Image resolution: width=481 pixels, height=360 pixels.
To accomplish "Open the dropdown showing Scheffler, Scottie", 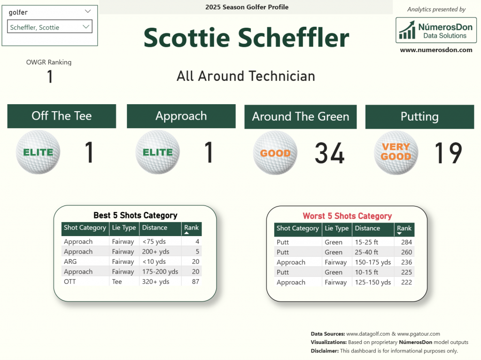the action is pos(49,27).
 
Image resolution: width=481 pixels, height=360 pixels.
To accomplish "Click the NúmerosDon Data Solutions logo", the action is pos(436,30).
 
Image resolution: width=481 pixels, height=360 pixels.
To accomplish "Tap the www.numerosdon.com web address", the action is pos(436,50).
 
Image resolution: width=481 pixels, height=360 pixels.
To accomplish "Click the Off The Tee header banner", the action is pos(62,116).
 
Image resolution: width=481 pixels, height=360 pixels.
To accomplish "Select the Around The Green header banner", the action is pos(300,117).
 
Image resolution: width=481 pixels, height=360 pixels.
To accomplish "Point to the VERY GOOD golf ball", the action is pos(396,153).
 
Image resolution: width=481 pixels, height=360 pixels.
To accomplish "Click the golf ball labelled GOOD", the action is pos(275,153).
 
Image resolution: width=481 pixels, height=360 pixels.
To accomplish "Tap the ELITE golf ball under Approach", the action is pos(158,152).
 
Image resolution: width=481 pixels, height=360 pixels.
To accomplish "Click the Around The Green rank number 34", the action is pos(330,153).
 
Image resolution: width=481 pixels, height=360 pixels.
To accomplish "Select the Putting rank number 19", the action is pos(448,153).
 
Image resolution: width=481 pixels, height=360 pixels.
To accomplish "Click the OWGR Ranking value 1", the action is pos(50,77).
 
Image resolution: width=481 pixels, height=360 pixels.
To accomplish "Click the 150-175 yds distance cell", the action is pos(372,262).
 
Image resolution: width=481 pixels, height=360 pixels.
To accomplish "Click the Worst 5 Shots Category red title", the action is pos(347,216).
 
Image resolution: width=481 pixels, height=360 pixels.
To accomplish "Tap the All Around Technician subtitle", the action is pos(246,76).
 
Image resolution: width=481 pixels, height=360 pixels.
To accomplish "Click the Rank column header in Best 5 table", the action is pos(191,229).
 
